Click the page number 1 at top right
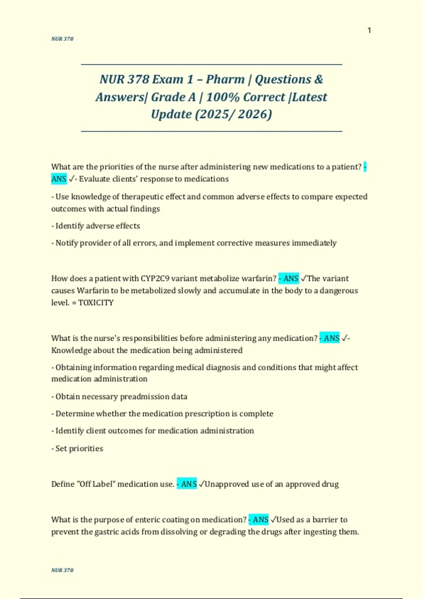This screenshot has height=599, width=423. [369, 30]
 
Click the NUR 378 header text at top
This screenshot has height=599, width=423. [62, 39]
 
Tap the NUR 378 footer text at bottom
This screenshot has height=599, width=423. [62, 570]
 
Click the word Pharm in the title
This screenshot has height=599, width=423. [225, 79]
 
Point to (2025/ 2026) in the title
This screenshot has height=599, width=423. [233, 114]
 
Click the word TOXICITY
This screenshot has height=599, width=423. [96, 303]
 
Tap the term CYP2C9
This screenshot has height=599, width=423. [155, 278]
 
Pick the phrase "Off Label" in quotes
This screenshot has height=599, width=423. [96, 484]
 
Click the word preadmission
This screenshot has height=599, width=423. [144, 396]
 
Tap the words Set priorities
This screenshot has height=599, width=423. [79, 448]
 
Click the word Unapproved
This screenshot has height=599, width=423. [227, 484]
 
